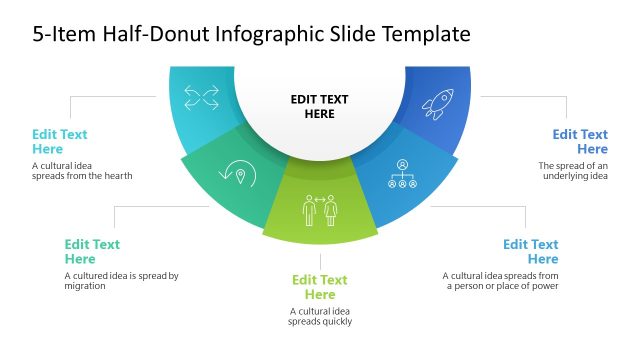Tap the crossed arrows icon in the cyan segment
pos(201,97)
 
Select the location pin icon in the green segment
pos(241,175)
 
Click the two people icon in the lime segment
pos(320,210)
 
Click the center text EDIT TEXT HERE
pos(320,106)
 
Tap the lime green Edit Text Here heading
pos(320,287)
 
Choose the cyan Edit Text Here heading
pos(59,141)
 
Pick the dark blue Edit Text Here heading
pos(580,141)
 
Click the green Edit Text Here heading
pos(92,251)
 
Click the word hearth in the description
pos(116,176)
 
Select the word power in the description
pos(544,286)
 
